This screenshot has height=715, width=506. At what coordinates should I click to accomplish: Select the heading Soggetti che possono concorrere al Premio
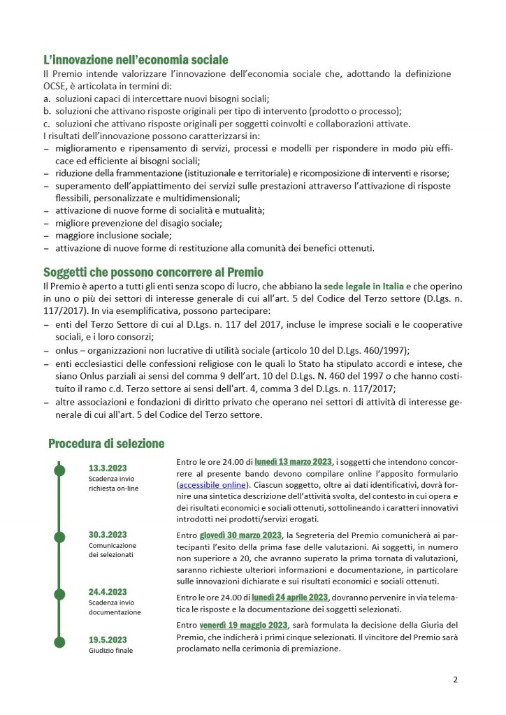pyautogui.click(x=153, y=272)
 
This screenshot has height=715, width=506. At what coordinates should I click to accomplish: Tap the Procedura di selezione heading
pyautogui.click(x=106, y=443)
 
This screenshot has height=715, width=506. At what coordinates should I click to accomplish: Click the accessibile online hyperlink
pyautogui.click(x=212, y=484)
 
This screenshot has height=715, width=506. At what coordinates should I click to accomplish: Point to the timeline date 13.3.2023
pyautogui.click(x=108, y=468)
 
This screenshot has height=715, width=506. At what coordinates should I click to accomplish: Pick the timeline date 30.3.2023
pyautogui.click(x=108, y=534)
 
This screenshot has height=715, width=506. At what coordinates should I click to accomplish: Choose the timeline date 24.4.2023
pyautogui.click(x=108, y=591)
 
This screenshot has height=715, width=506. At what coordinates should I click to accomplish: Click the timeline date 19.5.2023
pyautogui.click(x=108, y=639)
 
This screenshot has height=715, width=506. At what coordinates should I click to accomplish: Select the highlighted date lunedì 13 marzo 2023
pyautogui.click(x=294, y=462)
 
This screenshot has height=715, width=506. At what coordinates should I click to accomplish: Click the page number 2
pyautogui.click(x=455, y=679)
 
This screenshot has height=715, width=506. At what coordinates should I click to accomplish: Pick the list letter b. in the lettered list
pyautogui.click(x=46, y=110)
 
